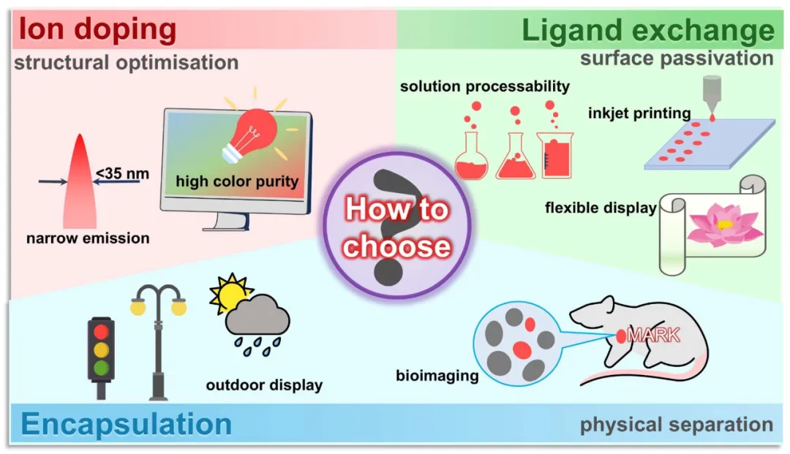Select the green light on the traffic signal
(101, 367)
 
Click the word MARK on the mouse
(654, 336)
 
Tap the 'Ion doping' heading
(97, 30)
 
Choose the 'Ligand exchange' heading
(647, 31)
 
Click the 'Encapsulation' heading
(127, 424)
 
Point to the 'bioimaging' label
(437, 377)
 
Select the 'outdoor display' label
(264, 385)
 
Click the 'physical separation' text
(677, 424)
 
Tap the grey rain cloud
(257, 319)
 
